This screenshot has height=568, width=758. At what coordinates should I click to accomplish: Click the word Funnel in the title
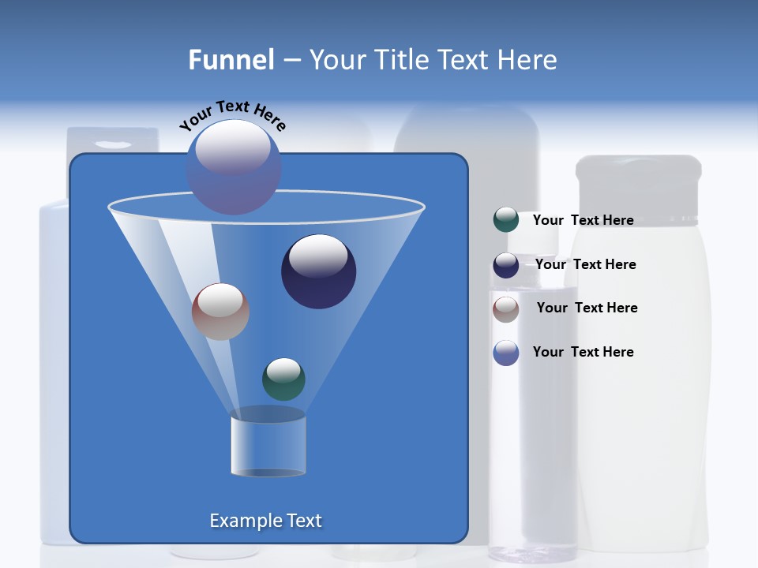point(231,60)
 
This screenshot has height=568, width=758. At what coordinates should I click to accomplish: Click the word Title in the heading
point(401,60)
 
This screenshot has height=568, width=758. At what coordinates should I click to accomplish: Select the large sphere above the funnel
point(234,166)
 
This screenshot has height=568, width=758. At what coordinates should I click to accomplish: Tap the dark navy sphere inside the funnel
point(318,271)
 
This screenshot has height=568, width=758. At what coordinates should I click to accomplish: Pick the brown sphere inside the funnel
point(220,312)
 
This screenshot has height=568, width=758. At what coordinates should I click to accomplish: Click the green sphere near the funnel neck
point(283,379)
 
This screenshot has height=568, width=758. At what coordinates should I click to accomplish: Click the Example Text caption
point(265,521)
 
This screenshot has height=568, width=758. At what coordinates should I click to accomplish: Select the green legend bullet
point(505,220)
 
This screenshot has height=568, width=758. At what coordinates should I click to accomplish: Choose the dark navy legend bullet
point(505,265)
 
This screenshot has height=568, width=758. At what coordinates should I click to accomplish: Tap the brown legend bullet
point(505,309)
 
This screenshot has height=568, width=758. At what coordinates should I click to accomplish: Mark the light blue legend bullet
point(505,353)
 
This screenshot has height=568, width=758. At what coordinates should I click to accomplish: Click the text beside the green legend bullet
point(583,220)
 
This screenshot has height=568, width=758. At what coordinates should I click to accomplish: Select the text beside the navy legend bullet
point(585,264)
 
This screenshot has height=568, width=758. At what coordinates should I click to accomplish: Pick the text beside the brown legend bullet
point(587,308)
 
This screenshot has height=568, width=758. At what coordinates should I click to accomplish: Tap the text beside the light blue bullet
point(583,352)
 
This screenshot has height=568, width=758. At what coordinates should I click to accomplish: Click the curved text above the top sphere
point(232,114)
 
